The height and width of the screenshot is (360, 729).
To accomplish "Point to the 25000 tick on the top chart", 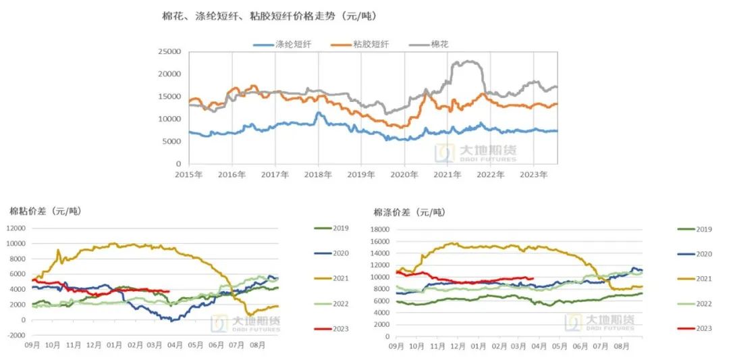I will point(169,52).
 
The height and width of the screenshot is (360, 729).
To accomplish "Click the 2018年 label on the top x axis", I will point(318,175).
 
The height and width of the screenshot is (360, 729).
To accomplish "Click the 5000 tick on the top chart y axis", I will point(171,142).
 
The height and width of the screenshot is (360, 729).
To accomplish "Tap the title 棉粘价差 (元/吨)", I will point(45,211).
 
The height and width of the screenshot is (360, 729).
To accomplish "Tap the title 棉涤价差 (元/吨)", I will point(410,213).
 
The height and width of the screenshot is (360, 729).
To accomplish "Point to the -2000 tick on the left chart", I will point(15,336).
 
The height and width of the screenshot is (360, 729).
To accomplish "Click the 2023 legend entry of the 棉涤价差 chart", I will point(696,329).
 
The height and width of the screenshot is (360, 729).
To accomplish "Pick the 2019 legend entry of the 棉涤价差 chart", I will point(696,230).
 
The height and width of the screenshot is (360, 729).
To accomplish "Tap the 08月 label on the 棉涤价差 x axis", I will point(621,346).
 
